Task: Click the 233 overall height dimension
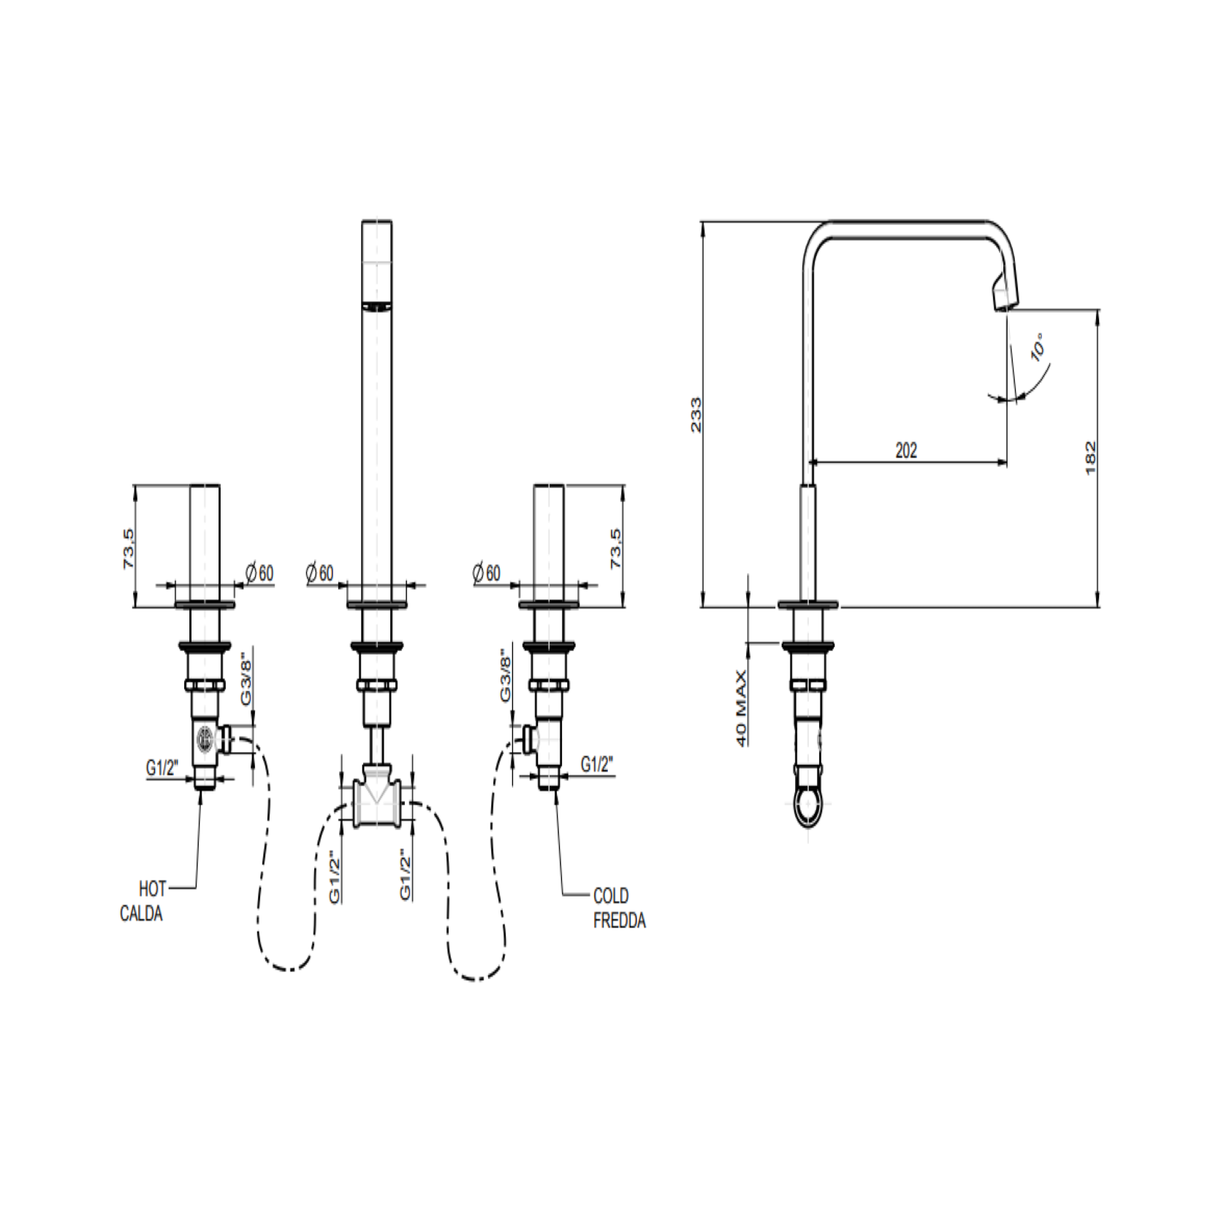[x=696, y=414]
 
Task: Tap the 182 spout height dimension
[x=1090, y=457]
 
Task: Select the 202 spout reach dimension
[x=906, y=450]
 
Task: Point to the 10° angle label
[x=1038, y=347]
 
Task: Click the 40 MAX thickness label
[x=742, y=708]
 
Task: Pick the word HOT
[x=153, y=889]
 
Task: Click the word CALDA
[x=141, y=914]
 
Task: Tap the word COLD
[x=611, y=896]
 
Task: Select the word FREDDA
[x=620, y=921]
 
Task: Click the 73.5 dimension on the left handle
[x=129, y=550]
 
